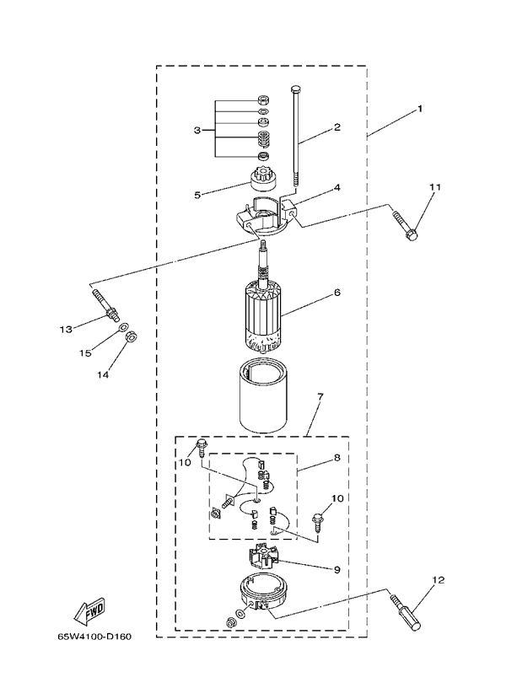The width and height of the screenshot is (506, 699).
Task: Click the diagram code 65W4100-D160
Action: pos(94,636)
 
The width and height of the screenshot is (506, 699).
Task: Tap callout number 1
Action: pos(419,109)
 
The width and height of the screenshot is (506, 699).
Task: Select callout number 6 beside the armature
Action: pos(337,293)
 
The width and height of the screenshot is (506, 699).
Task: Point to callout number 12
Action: pos(439,580)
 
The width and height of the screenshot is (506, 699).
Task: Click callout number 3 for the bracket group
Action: pos(197,130)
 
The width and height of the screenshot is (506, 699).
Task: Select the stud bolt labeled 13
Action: pos(106,304)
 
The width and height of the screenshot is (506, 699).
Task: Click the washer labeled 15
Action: pos(122,329)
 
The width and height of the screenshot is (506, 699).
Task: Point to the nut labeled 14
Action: pos(131,337)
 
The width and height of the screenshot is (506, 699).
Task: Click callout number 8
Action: pos(336,458)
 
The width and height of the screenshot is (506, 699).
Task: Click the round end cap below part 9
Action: pos(262,592)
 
